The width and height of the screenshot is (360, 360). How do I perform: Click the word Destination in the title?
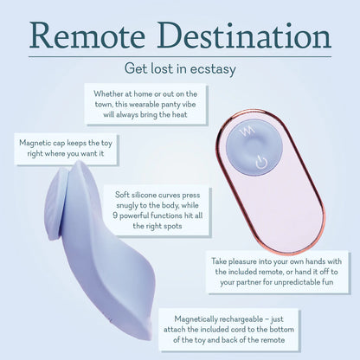[x=245, y=36]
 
